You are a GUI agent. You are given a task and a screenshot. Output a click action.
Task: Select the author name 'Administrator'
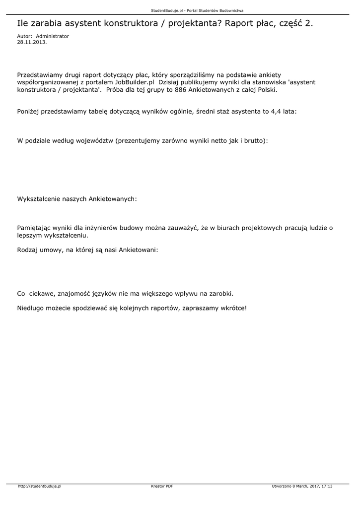[x=53, y=36]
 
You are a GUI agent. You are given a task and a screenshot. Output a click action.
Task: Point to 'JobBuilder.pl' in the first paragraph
[x=135, y=82]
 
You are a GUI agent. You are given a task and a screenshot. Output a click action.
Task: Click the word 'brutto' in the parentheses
[x=252, y=141]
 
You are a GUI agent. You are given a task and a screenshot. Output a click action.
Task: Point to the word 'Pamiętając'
[x=35, y=228]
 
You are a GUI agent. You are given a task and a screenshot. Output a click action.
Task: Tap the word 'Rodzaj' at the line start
[x=28, y=250]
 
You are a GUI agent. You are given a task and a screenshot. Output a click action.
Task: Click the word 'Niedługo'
[x=32, y=308]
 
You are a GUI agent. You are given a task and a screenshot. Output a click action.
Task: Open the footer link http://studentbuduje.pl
[x=39, y=486]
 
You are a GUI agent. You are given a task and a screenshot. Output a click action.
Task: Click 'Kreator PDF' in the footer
[x=162, y=486]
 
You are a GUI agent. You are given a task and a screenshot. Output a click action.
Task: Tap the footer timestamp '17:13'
[x=327, y=486]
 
